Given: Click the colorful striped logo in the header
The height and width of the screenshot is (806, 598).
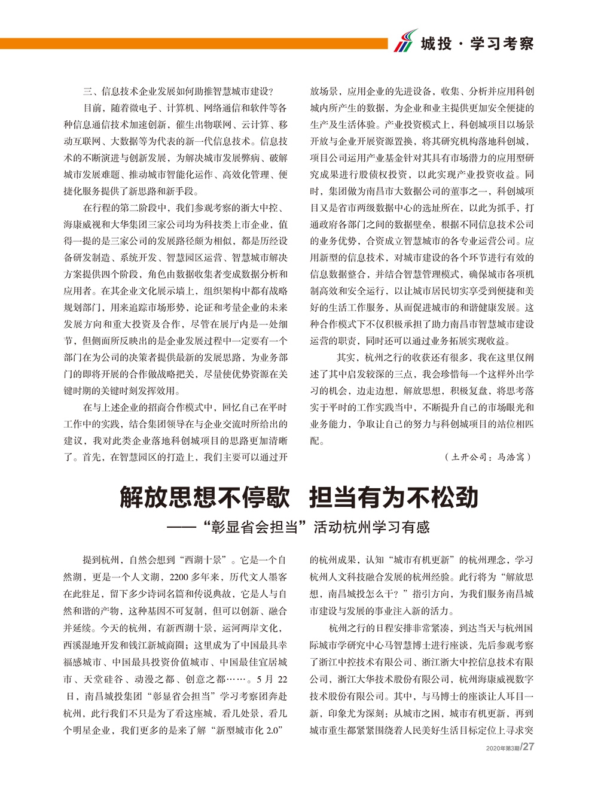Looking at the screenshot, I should coord(405,41).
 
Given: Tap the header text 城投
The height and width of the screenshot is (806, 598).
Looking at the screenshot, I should coord(436,44).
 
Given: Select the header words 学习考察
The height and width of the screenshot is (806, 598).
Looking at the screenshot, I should coord(502,44).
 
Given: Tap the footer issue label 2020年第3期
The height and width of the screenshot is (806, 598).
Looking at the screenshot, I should coord(502,748).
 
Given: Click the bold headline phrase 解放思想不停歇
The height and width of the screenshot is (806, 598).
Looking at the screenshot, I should coord(205,497).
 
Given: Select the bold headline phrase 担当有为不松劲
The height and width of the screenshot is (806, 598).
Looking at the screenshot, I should coord(393,497).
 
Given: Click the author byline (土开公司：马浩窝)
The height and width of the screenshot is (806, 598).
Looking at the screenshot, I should coord(488,457).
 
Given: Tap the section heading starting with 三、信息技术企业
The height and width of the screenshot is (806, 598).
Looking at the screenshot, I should coord(178,92).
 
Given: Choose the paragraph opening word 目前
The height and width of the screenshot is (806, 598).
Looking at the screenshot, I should coord(92,108).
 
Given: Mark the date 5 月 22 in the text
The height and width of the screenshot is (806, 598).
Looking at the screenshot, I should coord(271,679).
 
